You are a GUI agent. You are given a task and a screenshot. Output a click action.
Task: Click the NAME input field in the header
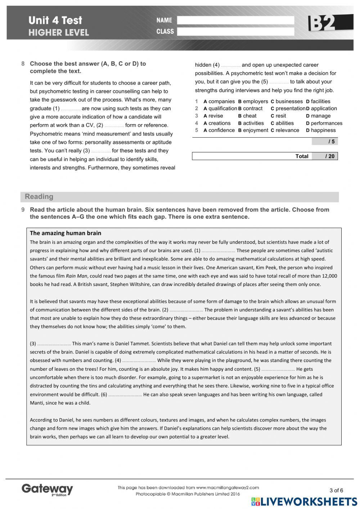pyautogui.click(x=235, y=20)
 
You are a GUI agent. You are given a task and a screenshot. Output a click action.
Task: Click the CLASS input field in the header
pyautogui.click(x=235, y=32)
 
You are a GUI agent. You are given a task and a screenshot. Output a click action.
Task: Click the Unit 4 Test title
pyautogui.click(x=55, y=20)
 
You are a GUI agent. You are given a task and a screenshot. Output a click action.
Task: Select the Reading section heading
pyautogui.click(x=39, y=197)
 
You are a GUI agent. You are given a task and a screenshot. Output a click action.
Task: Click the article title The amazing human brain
pyautogui.click(x=66, y=233)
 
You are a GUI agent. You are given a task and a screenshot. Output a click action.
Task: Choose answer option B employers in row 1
pyautogui.click(x=253, y=102)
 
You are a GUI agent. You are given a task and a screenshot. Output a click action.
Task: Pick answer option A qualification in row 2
pyautogui.click(x=220, y=108)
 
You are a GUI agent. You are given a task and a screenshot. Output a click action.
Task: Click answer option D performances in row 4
pyautogui.click(x=324, y=123)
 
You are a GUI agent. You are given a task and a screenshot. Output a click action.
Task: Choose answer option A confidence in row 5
pyautogui.click(x=219, y=130)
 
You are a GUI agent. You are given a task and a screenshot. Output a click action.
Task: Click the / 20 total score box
pyautogui.click(x=325, y=156)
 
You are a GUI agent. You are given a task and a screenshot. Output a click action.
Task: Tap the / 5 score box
pyautogui.click(x=325, y=142)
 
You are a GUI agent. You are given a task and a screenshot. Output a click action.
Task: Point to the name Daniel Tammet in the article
pyautogui.click(x=132, y=344)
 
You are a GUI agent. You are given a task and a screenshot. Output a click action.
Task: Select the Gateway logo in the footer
pyautogui.click(x=47, y=490)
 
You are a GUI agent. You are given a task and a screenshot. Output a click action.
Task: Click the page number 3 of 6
pyautogui.click(x=336, y=490)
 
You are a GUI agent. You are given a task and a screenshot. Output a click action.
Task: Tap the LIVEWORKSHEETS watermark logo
pyautogui.click(x=304, y=501)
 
